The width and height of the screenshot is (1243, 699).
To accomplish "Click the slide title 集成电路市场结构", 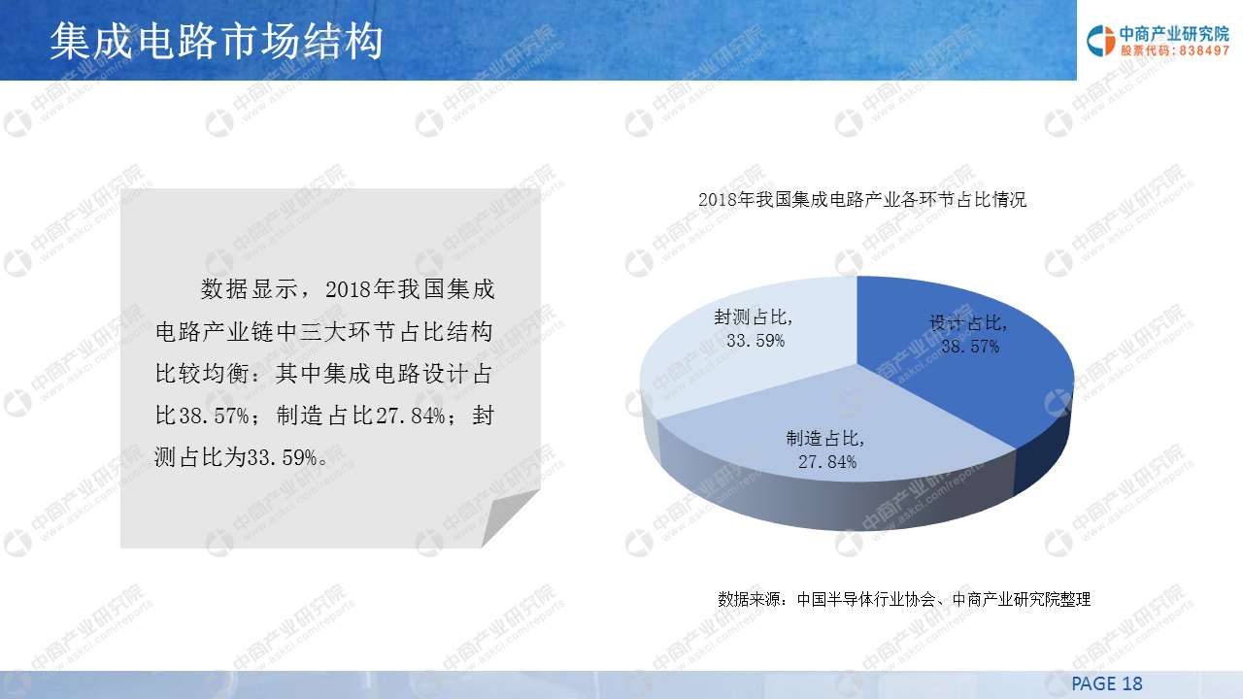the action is [x=217, y=41].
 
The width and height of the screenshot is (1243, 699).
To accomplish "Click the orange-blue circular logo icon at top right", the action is [x=1101, y=41].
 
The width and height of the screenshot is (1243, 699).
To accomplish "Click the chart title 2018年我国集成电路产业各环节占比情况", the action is [x=862, y=199].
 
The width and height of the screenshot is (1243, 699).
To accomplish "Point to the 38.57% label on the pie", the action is [x=970, y=347].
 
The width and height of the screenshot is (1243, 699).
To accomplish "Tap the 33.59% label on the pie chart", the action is [x=756, y=340].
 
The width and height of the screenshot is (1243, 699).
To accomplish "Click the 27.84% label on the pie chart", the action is [x=827, y=461].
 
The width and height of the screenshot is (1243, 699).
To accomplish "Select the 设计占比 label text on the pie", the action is [x=968, y=323].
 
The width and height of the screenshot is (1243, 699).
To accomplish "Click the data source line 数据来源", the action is [x=904, y=599].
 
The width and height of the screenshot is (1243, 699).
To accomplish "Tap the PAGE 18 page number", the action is [x=1107, y=683].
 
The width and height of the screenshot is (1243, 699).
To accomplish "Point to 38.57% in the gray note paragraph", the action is [x=215, y=415].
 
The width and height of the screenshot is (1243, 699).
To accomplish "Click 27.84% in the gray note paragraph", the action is [x=411, y=415].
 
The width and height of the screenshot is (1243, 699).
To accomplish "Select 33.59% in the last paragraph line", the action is [x=282, y=457].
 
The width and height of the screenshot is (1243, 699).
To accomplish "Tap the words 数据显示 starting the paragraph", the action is [x=249, y=289].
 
